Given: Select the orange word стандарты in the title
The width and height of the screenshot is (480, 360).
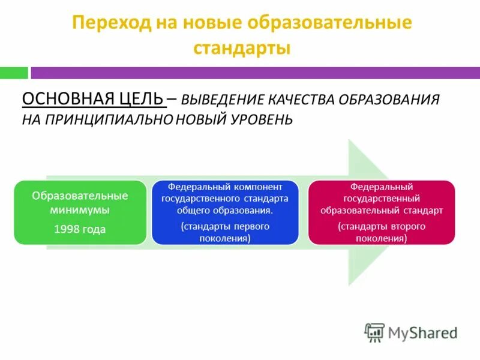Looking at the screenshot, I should pyautogui.click(x=242, y=48).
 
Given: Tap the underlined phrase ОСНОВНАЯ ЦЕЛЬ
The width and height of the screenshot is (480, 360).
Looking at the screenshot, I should pyautogui.click(x=92, y=99).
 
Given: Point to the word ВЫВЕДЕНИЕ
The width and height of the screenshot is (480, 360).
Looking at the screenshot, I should pyautogui.click(x=222, y=100).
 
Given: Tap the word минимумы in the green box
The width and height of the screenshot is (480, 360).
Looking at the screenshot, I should pyautogui.click(x=80, y=210).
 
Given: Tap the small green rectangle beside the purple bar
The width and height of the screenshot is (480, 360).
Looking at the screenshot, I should pyautogui.click(x=14, y=73).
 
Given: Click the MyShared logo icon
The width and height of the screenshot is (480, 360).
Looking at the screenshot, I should pyautogui.click(x=374, y=332).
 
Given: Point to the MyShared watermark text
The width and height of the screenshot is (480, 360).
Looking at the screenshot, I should pyautogui.click(x=422, y=332).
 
